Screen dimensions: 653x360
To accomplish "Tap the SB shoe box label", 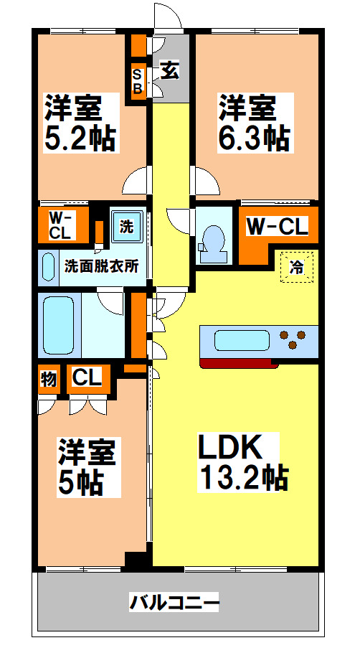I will [x=136, y=80].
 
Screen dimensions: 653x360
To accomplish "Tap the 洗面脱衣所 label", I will [x=101, y=266].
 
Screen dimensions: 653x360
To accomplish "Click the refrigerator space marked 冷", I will [x=295, y=267].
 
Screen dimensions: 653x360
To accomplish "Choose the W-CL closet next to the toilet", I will [x=277, y=227].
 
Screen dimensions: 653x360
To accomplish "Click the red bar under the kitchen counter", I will [x=240, y=363].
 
